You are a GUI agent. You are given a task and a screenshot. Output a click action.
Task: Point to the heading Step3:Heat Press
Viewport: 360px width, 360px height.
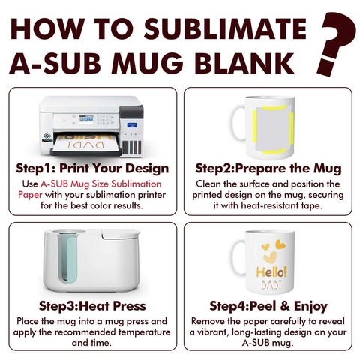coord(91,306)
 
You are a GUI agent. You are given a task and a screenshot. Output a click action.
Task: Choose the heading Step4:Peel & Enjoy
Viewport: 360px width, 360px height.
coord(267,306)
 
